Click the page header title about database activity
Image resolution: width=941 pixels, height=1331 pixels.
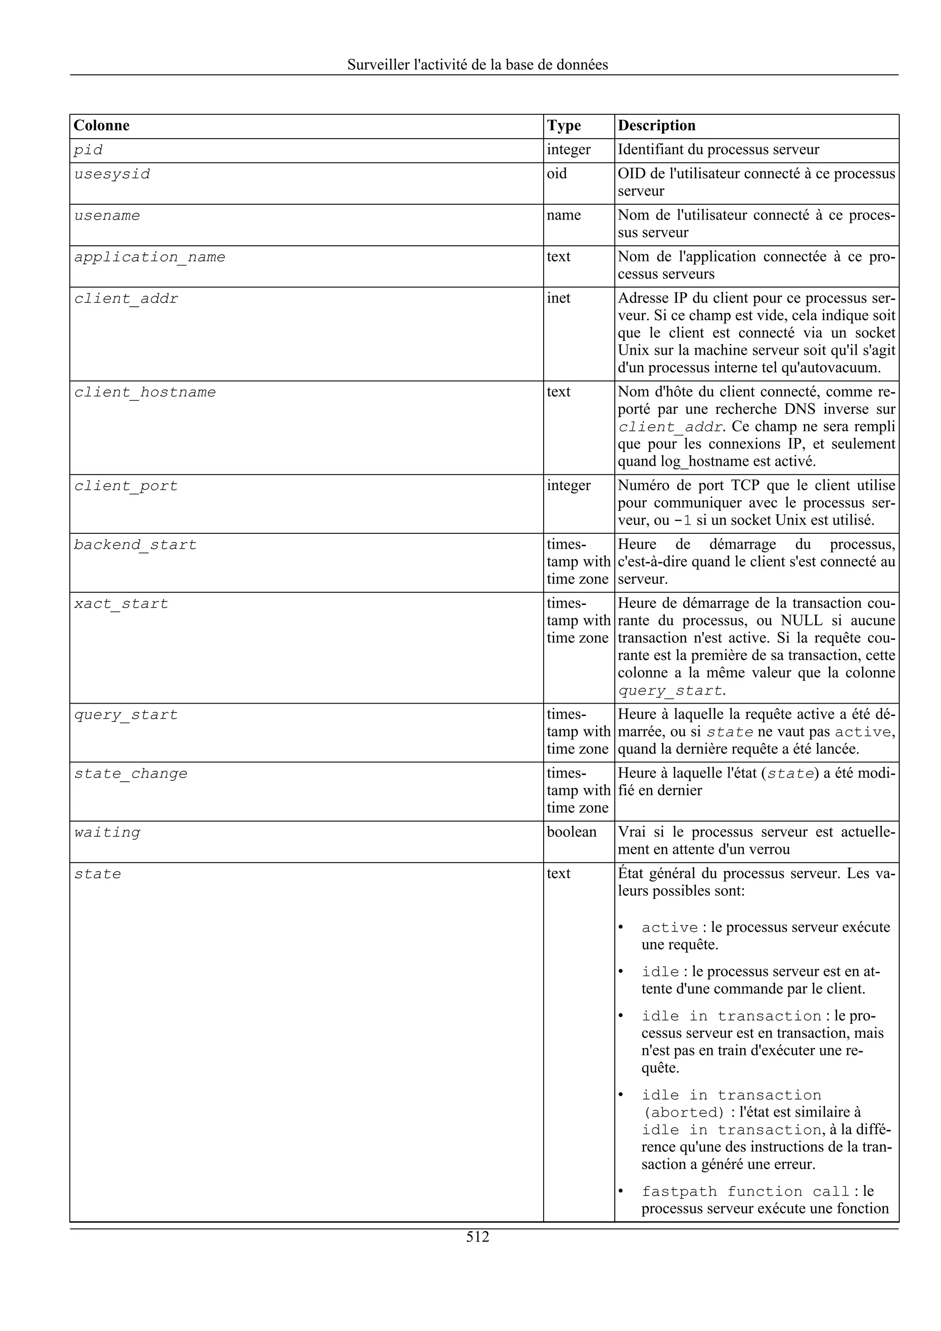(478, 64)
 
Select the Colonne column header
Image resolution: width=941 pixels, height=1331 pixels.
(102, 125)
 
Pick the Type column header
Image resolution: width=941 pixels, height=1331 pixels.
(564, 125)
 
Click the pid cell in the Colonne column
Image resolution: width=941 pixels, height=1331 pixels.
(88, 150)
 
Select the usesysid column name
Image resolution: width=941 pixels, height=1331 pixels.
(112, 175)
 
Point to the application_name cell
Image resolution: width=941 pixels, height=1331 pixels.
(150, 257)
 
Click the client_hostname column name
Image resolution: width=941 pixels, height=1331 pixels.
(145, 393)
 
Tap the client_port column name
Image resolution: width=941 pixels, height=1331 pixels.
(126, 486)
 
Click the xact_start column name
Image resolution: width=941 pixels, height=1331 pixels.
(121, 604)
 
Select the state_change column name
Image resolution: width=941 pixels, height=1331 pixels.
(130, 774)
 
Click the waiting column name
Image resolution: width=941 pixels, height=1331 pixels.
(107, 833)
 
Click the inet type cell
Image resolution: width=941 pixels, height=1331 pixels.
(558, 298)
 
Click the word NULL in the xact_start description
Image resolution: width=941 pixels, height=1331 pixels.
(802, 620)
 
